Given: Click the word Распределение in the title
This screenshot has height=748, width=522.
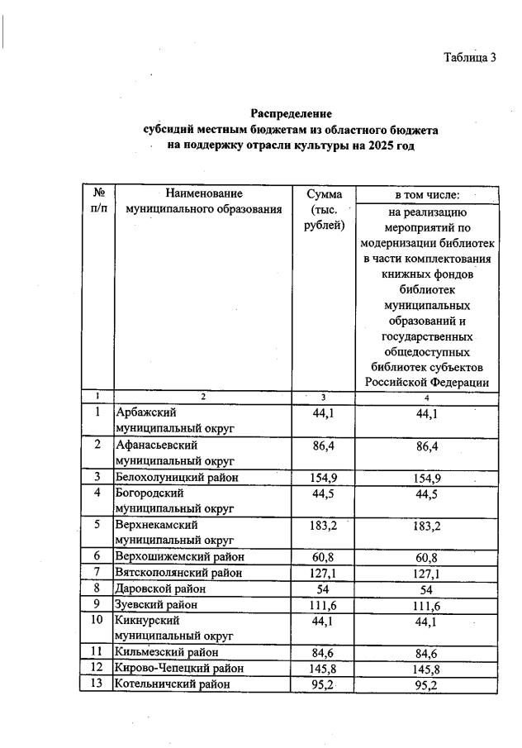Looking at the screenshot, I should (290, 113).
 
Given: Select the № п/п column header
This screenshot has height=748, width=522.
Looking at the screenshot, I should (97, 202).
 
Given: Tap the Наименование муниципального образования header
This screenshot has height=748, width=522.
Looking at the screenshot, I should (203, 202).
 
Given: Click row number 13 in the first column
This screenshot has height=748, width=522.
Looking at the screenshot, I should (97, 684).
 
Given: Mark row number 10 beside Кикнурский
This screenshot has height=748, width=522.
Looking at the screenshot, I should (97, 620).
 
